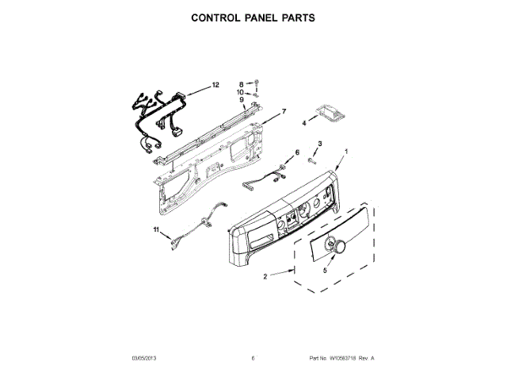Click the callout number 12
[215, 85]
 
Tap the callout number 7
[284, 111]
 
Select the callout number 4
[303, 123]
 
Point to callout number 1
[345, 150]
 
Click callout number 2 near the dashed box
[265, 275]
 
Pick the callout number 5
[324, 271]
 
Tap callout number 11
[157, 231]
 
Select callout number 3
[320, 142]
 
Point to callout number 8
[242, 83]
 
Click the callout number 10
[242, 92]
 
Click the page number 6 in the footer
[252, 359]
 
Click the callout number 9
[242, 100]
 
